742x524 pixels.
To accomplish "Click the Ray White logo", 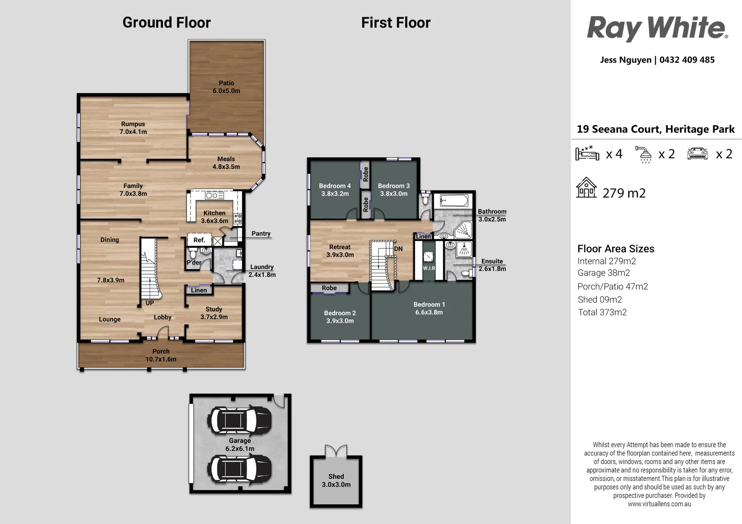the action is pyautogui.click(x=657, y=29).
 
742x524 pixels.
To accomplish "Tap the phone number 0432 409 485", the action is pyautogui.click(x=687, y=60).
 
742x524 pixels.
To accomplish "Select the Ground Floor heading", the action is pyautogui.click(x=166, y=22).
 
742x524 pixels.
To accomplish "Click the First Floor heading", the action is pyautogui.click(x=396, y=22).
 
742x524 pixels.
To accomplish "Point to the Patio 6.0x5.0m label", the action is pyautogui.click(x=226, y=87).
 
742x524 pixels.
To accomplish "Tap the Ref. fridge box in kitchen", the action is pyautogui.click(x=200, y=240).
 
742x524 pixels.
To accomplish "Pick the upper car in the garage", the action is pyautogui.click(x=239, y=420).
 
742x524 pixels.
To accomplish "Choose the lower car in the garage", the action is pyautogui.click(x=239, y=469).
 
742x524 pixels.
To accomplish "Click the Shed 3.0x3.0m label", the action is pyautogui.click(x=336, y=480).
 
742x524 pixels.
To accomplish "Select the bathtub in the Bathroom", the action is pyautogui.click(x=454, y=200).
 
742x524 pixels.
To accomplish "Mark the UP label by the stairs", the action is pyautogui.click(x=150, y=303).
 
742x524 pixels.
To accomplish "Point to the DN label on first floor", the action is pyautogui.click(x=399, y=248).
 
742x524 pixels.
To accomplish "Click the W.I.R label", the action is pyautogui.click(x=429, y=268).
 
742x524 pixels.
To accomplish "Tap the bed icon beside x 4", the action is pyautogui.click(x=587, y=153).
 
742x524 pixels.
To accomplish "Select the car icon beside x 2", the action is pyautogui.click(x=697, y=154).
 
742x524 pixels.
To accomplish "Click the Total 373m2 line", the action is pyautogui.click(x=602, y=312).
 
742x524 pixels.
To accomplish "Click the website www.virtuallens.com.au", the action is pyautogui.click(x=659, y=504).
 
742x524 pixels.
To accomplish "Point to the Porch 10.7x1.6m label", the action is pyautogui.click(x=161, y=355).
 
